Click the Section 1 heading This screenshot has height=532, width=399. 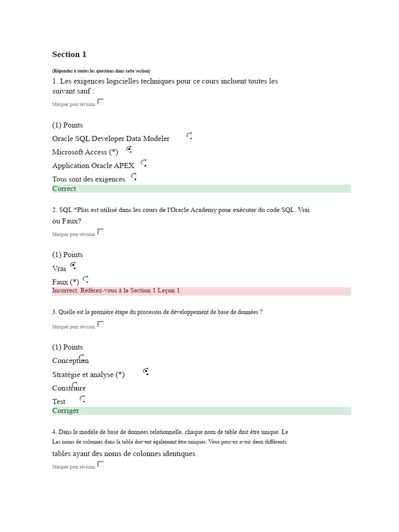[69, 55]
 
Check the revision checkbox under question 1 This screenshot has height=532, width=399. [101, 102]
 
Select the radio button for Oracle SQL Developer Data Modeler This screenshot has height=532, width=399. [190, 136]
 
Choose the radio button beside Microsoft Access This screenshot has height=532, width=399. [129, 150]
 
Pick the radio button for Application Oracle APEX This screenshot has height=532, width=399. [143, 163]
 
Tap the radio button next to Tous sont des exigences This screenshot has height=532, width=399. [134, 177]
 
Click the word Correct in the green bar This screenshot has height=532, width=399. [64, 189]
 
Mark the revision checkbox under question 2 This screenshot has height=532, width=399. [101, 232]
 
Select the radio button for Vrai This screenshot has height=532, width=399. [73, 265]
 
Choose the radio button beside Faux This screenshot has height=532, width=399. [86, 280]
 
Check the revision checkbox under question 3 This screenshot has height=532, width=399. [101, 324]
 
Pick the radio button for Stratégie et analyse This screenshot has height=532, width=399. [146, 371]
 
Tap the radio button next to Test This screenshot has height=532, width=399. [82, 399]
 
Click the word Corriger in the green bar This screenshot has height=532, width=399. [65, 410]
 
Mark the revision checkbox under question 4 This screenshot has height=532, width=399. [101, 464]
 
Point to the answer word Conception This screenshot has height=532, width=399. [70, 361]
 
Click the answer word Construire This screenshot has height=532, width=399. [69, 388]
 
